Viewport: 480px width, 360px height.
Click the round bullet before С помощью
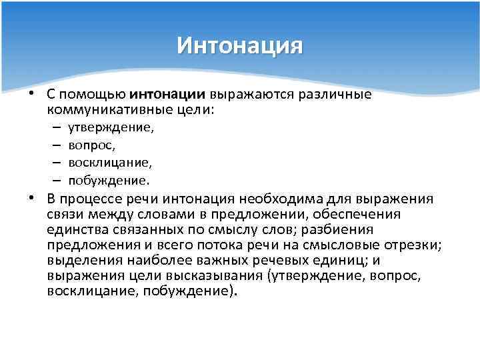(31, 94)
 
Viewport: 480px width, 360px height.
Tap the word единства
(74, 229)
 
